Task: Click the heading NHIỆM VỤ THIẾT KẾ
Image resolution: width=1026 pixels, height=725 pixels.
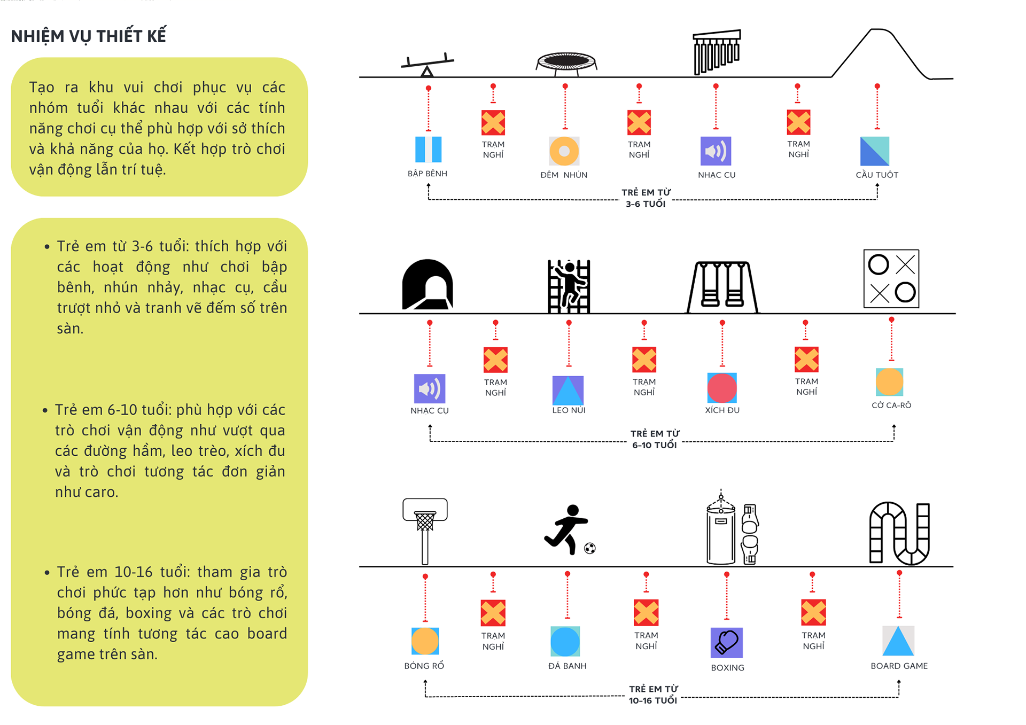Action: pyautogui.click(x=89, y=36)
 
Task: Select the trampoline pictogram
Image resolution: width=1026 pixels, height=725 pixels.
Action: pyautogui.click(x=566, y=62)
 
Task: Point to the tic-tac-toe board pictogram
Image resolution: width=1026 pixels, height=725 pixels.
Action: pyautogui.click(x=891, y=278)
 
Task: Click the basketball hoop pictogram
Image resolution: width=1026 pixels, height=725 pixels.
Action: pyautogui.click(x=425, y=529)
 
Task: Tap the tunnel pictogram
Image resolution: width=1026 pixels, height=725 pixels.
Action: pyautogui.click(x=428, y=285)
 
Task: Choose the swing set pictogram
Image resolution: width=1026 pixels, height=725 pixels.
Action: pyautogui.click(x=722, y=286)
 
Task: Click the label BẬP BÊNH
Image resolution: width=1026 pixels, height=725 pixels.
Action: pyautogui.click(x=428, y=174)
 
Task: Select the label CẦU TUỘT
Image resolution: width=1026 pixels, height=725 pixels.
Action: pyautogui.click(x=877, y=175)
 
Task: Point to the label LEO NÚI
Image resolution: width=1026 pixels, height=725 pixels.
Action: pyautogui.click(x=569, y=410)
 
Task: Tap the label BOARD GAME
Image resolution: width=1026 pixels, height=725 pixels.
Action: pyautogui.click(x=899, y=666)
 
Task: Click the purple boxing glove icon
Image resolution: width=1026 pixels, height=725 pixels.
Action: pyautogui.click(x=726, y=642)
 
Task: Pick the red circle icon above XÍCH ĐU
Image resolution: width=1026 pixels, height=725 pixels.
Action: pyautogui.click(x=722, y=388)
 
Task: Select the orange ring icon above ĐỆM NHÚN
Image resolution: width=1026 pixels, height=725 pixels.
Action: pyautogui.click(x=564, y=151)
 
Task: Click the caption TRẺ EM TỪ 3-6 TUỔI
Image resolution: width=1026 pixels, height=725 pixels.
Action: pyautogui.click(x=646, y=198)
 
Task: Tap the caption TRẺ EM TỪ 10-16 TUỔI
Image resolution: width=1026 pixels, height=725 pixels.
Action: pyautogui.click(x=653, y=695)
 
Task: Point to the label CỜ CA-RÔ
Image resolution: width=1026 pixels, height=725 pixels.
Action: pyautogui.click(x=891, y=406)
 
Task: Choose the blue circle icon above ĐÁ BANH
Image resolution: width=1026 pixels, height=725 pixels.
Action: pyautogui.click(x=565, y=642)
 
